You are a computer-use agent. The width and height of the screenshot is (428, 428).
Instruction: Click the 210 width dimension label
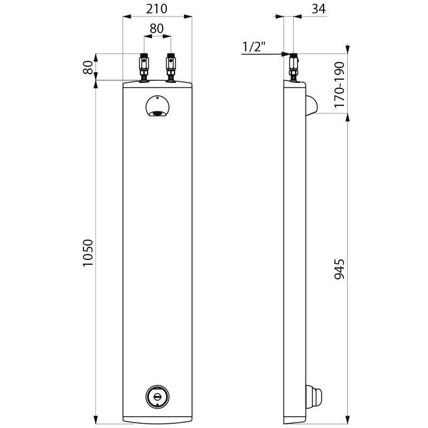156,9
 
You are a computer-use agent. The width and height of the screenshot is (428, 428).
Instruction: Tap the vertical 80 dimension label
88,67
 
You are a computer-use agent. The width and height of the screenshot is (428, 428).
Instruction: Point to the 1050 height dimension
88,253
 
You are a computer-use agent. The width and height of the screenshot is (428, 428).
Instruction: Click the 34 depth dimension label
319,9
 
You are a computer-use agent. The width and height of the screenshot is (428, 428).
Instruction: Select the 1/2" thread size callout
254,47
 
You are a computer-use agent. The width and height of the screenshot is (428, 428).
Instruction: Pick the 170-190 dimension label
340,85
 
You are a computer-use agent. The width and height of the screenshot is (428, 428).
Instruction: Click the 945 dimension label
340,269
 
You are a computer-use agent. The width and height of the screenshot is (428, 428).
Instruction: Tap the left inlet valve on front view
144,68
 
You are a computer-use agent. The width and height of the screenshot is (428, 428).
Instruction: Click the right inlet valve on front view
171,68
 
